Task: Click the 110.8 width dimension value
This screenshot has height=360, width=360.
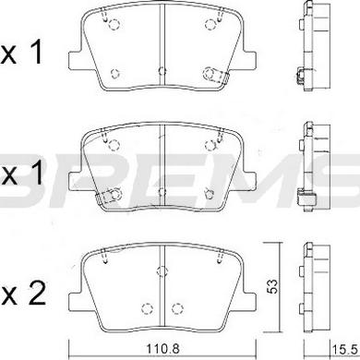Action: click(x=162, y=349)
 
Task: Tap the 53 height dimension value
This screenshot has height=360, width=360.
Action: click(x=272, y=286)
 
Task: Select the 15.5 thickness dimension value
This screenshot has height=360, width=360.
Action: click(x=344, y=351)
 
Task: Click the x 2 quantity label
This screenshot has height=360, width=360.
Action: click(x=23, y=294)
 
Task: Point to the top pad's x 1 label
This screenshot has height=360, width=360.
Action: click(x=21, y=53)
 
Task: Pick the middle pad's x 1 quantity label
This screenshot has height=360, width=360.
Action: click(x=22, y=174)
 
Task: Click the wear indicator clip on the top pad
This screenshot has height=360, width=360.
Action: click(x=217, y=75)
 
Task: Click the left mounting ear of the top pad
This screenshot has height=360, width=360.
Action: click(x=75, y=60)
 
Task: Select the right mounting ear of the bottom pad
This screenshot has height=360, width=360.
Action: click(x=249, y=301)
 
